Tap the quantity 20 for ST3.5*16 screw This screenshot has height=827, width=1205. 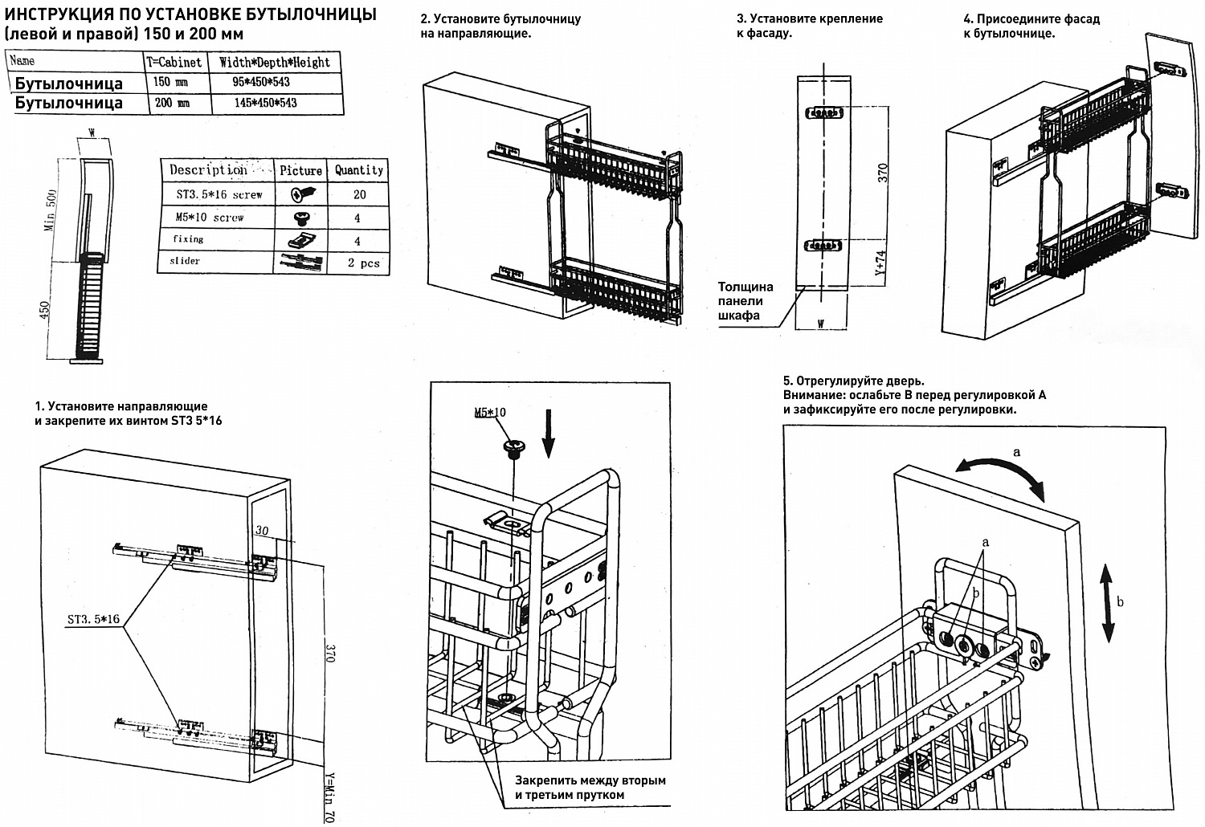359,194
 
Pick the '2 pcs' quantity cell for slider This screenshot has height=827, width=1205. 363,263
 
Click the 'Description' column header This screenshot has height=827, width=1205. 208,170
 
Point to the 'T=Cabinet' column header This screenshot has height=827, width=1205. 174,62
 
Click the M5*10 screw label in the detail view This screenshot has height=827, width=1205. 491,413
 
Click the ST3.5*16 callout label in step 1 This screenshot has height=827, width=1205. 93,619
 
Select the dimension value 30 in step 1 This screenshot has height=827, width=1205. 262,530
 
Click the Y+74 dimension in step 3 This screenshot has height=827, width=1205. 880,263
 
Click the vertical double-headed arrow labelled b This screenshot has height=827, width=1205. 1106,601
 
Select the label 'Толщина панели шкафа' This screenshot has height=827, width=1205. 745,301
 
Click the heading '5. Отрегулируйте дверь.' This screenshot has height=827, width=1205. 853,381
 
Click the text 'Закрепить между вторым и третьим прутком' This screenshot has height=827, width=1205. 590,787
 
